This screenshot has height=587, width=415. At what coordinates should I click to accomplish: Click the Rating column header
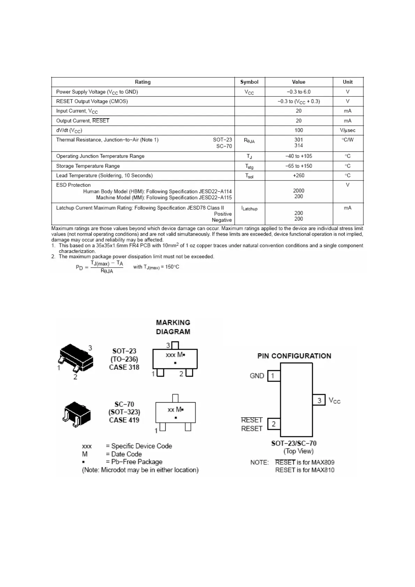[143, 82]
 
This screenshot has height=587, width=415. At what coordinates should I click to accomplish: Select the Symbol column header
[249, 82]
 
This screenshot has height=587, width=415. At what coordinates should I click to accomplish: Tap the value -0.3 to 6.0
[299, 92]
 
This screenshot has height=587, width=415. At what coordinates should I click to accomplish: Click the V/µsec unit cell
[347, 130]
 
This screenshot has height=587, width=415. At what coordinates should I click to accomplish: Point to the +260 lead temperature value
[299, 175]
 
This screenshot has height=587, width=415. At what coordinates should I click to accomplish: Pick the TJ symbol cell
[249, 157]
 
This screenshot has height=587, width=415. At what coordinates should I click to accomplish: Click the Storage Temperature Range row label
[88, 166]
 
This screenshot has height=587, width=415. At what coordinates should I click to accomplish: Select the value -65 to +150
[299, 166]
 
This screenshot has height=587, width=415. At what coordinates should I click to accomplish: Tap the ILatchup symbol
[249, 208]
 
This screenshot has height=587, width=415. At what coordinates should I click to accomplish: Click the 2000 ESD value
[299, 191]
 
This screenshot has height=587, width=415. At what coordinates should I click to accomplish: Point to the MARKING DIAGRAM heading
[173, 327]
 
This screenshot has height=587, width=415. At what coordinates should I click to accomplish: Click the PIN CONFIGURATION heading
[294, 356]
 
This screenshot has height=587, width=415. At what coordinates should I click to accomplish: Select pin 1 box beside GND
[273, 376]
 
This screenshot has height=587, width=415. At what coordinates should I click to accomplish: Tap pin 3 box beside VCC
[319, 400]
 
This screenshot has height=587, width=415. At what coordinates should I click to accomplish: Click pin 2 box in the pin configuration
[274, 424]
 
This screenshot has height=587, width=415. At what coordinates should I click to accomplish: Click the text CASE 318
[124, 367]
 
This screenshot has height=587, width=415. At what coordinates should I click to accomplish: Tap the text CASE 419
[124, 420]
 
